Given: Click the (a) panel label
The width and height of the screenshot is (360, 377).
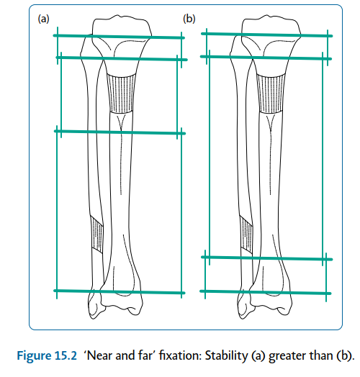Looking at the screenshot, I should (x=45, y=19).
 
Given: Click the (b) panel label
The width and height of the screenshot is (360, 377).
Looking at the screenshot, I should (x=189, y=19).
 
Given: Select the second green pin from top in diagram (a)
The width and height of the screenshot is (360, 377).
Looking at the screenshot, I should (x=120, y=57).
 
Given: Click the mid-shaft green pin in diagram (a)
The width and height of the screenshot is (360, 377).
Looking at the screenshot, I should (x=120, y=132).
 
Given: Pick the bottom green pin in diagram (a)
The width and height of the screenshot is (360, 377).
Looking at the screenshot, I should (x=120, y=291).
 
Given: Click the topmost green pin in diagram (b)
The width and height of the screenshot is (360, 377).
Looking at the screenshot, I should (x=266, y=33).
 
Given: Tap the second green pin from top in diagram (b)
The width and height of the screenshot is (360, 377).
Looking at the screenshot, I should (x=266, y=57).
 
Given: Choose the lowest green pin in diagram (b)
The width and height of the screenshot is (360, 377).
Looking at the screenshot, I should (x=266, y=291).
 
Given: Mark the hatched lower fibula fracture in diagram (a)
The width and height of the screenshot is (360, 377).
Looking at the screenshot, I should (x=98, y=234).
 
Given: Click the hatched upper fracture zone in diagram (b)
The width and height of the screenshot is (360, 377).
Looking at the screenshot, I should (x=271, y=92).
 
